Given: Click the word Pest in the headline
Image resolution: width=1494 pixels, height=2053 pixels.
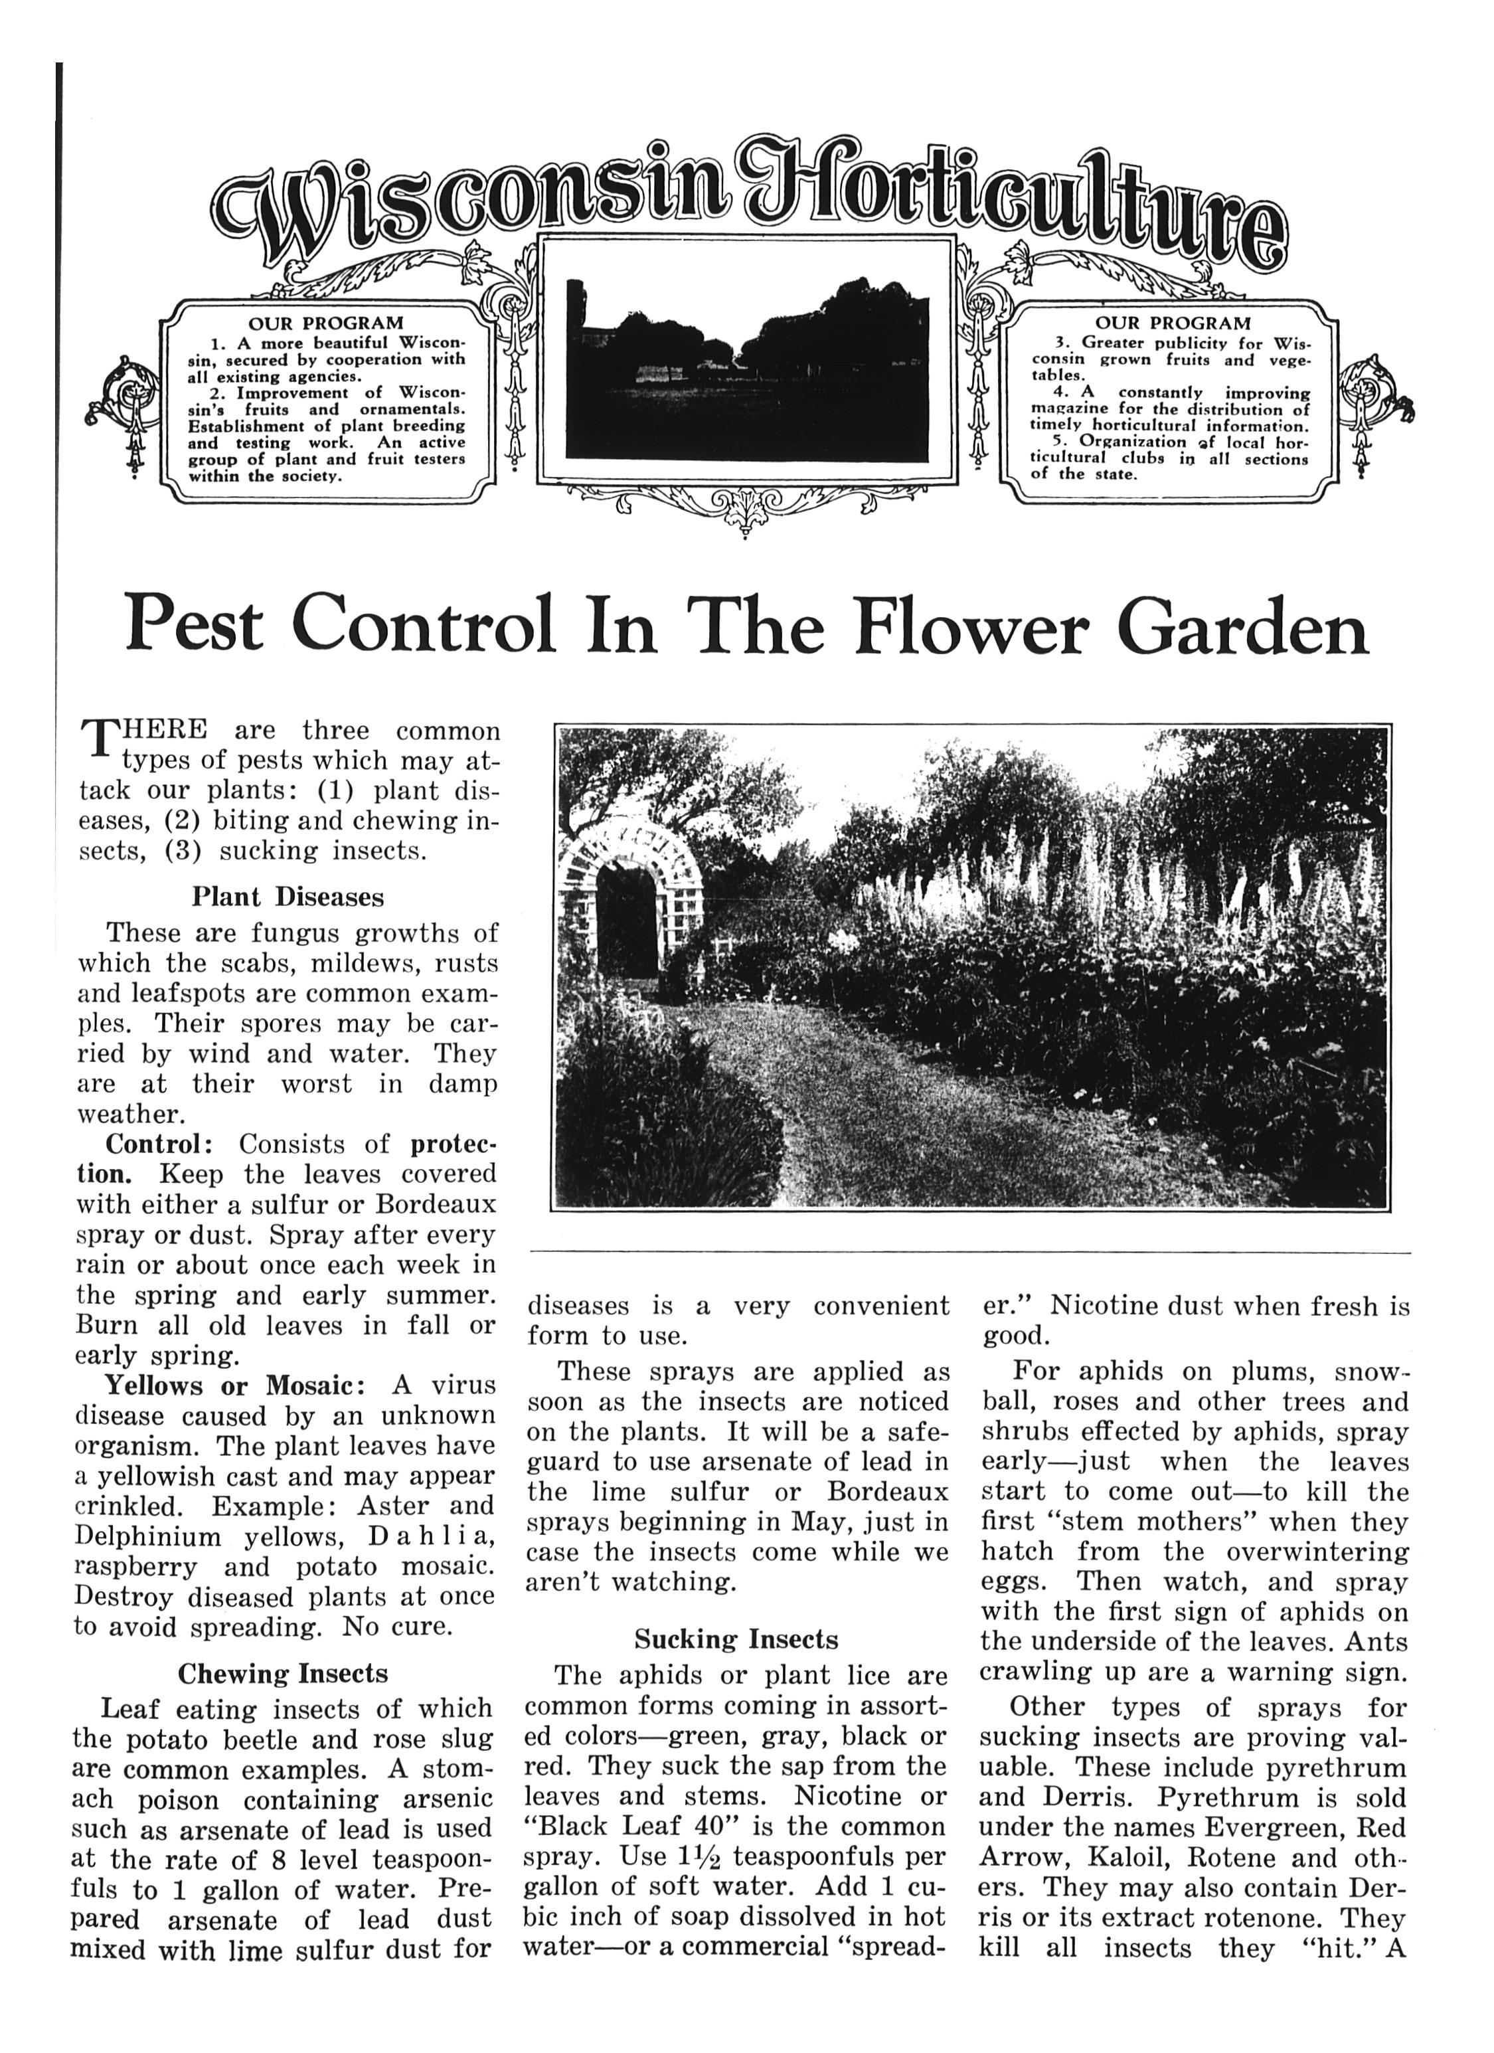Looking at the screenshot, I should click(x=195, y=626).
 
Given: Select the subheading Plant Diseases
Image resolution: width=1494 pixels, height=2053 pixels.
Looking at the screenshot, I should click(x=287, y=897).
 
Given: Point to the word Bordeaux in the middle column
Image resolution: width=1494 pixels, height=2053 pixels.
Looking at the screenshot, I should click(x=887, y=1491).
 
